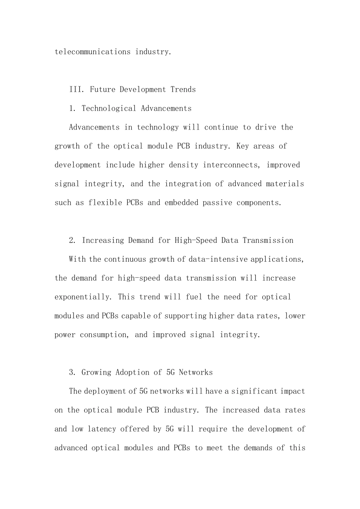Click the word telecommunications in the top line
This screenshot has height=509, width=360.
pyautogui.click(x=92, y=52)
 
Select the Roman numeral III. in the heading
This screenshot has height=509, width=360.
pyautogui.click(x=77, y=90)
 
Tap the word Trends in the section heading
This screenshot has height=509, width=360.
pyautogui.click(x=183, y=90)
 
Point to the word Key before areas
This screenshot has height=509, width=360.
pyautogui.click(x=243, y=146)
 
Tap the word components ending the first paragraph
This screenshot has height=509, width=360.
pyautogui.click(x=259, y=203)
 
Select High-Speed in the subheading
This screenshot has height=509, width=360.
pyautogui.click(x=195, y=240)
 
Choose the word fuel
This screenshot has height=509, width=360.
pyautogui.click(x=194, y=297)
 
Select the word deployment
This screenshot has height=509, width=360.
pyautogui.click(x=107, y=391)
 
